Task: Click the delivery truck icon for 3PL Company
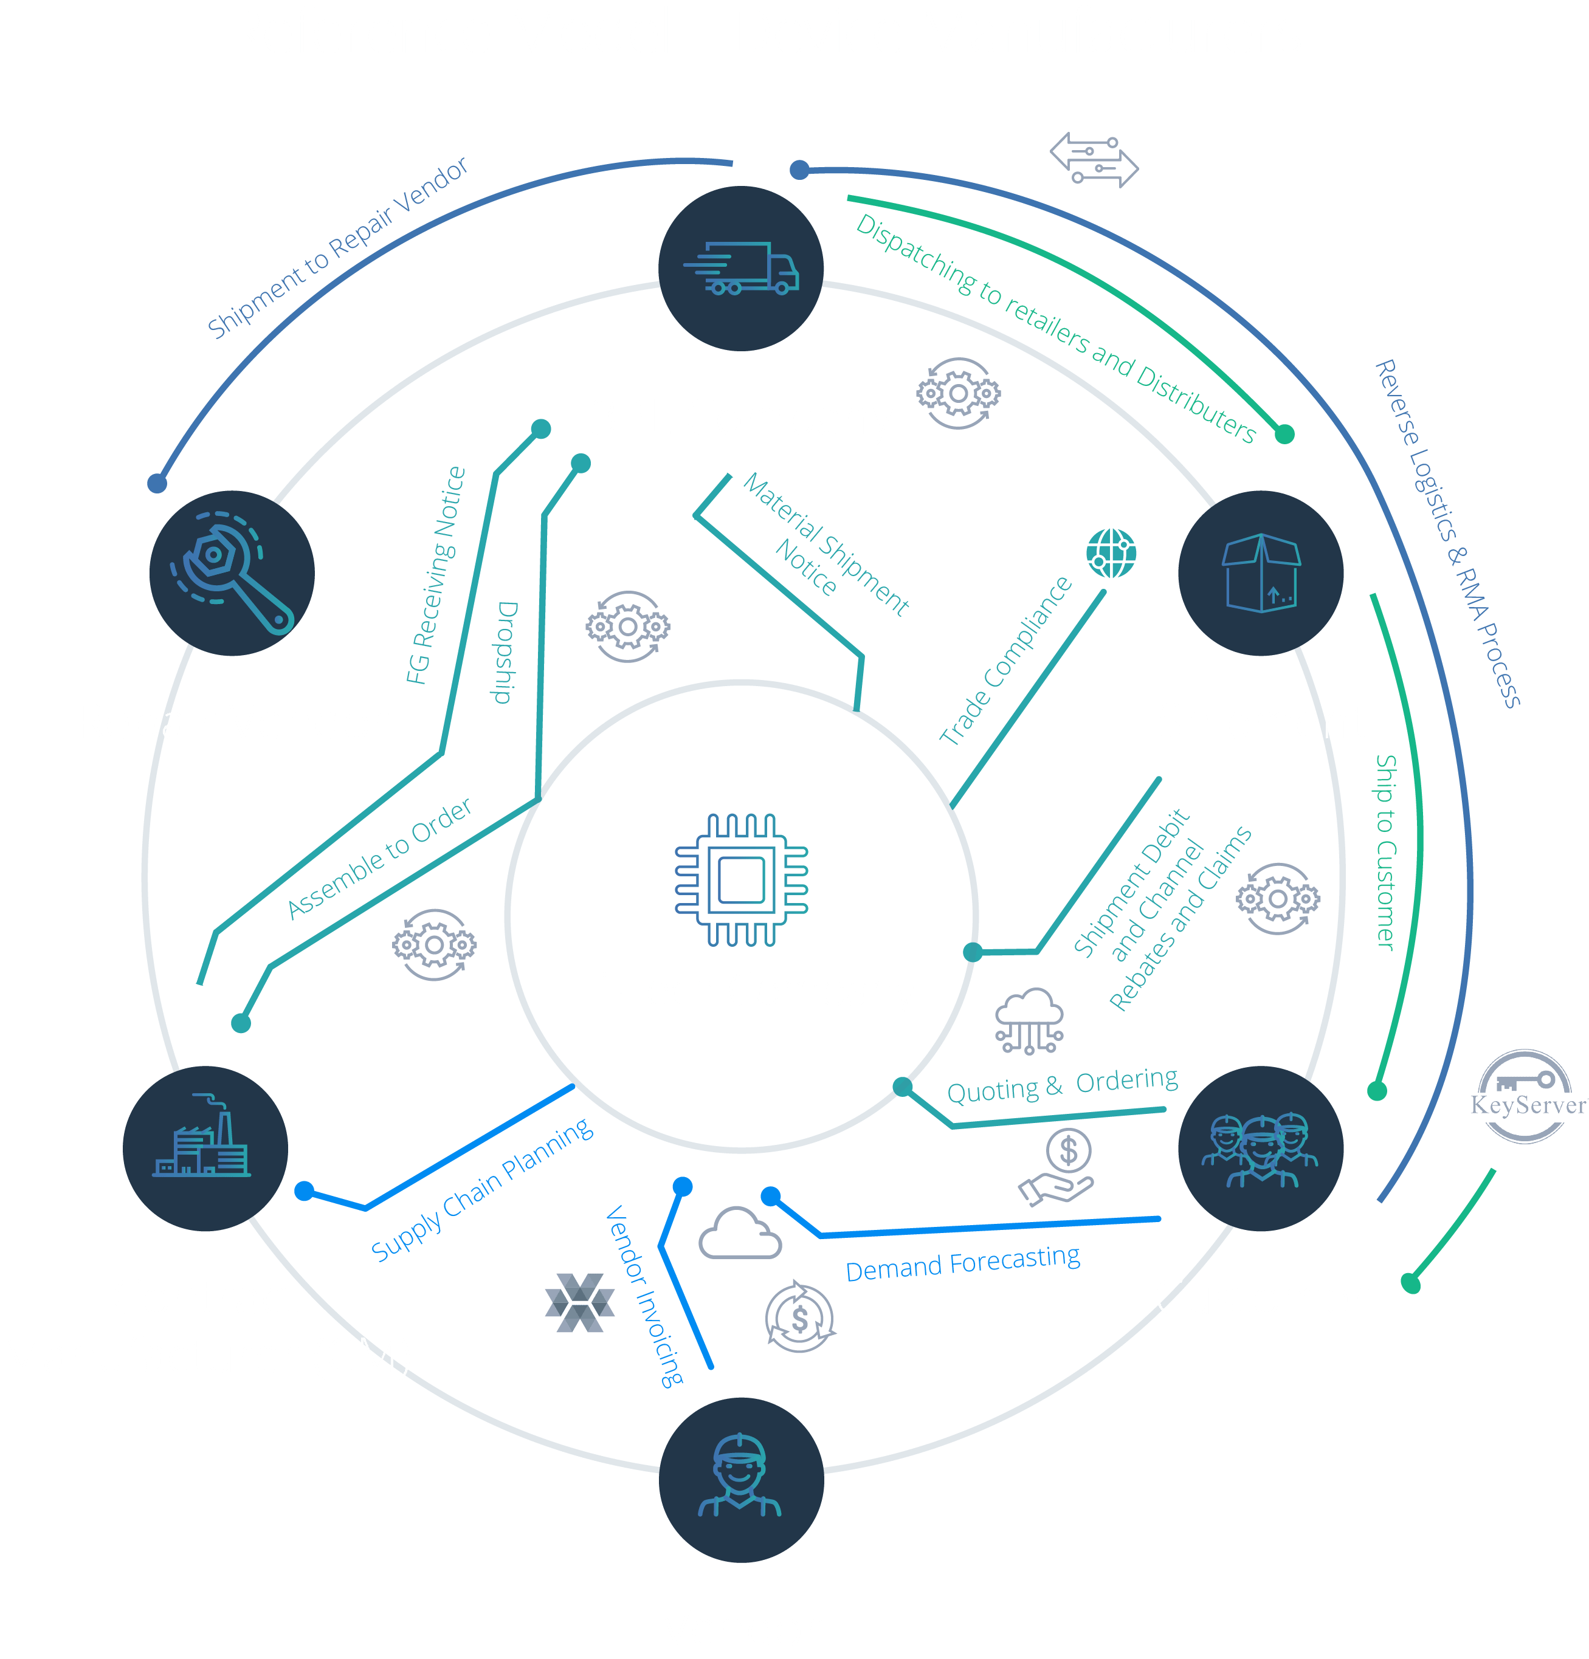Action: (741, 269)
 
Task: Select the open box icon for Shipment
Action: (1261, 573)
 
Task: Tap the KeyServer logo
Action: (1526, 1097)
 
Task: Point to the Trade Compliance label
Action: (1005, 660)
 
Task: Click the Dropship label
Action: (505, 651)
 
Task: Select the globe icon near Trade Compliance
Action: (1111, 554)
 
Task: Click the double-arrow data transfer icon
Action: (1094, 160)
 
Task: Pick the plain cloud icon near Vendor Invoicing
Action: (739, 1234)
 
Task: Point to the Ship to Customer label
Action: (1385, 851)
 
